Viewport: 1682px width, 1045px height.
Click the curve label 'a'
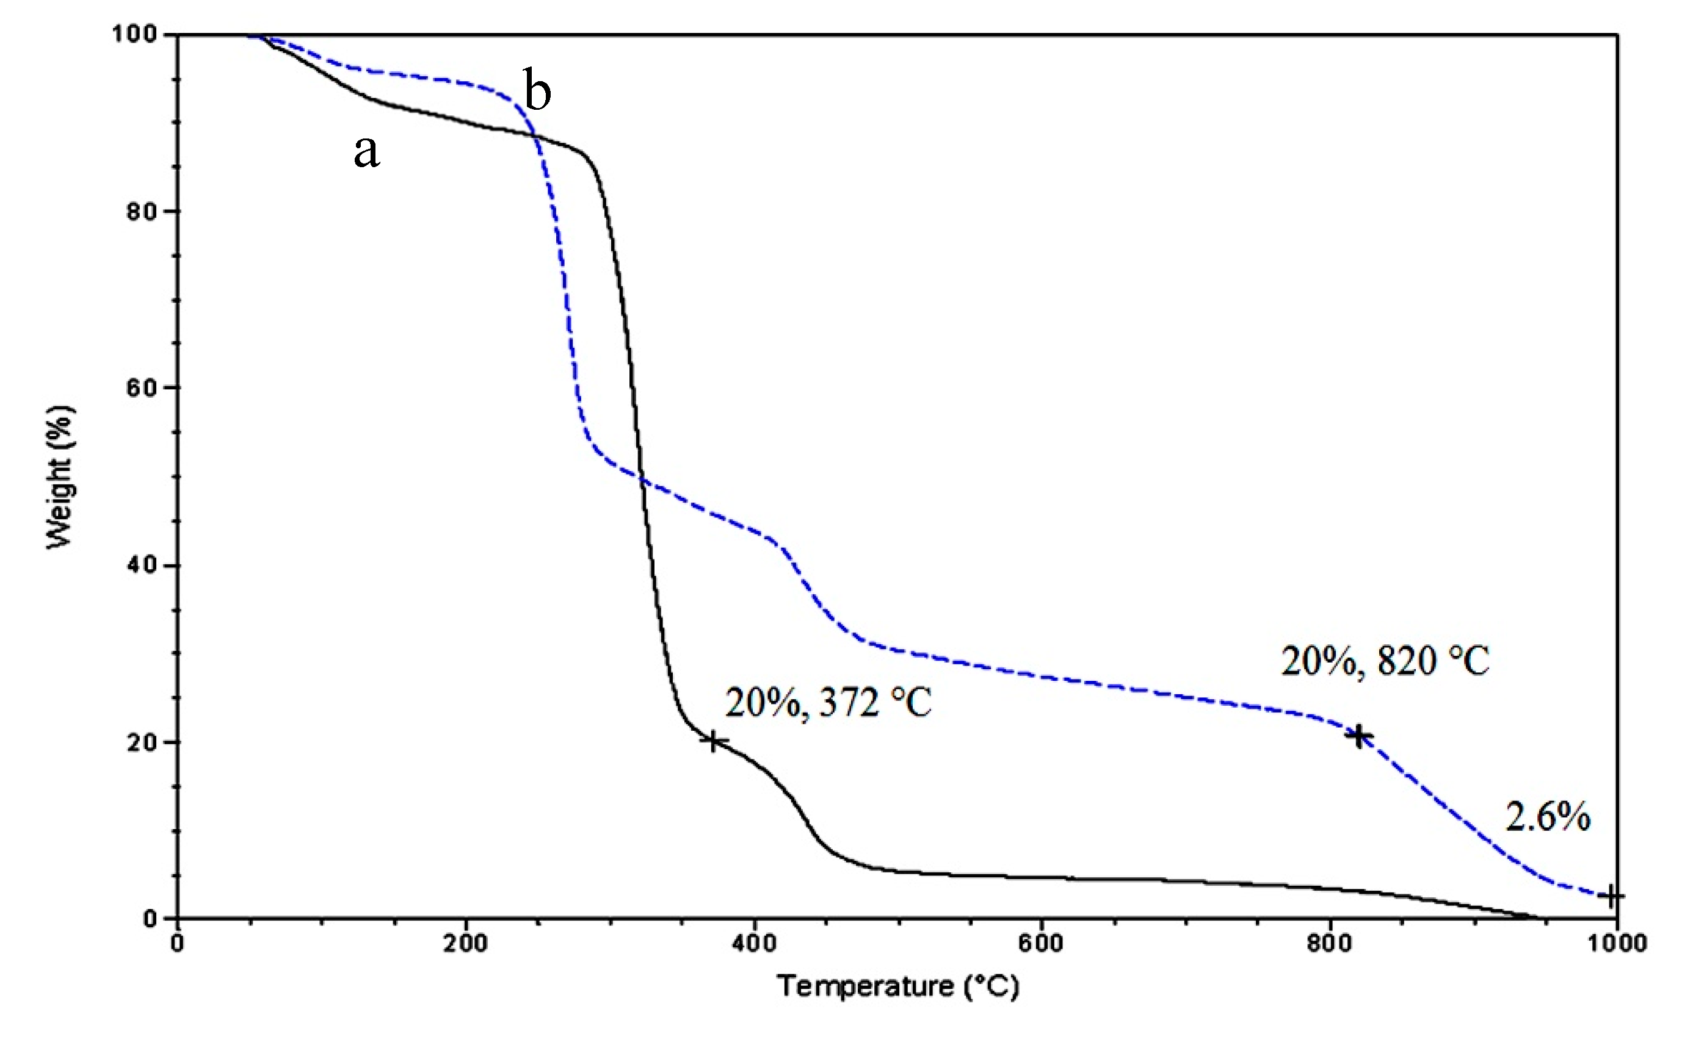(x=366, y=152)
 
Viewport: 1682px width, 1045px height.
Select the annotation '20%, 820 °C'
(x=1385, y=661)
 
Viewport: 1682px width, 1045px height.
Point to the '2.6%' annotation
(x=1548, y=817)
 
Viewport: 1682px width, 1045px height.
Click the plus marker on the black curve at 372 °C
(x=714, y=742)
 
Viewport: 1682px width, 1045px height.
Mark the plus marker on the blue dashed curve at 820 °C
(x=1359, y=737)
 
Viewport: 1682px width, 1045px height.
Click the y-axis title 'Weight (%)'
(x=60, y=477)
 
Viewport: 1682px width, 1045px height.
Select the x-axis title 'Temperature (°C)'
(x=897, y=986)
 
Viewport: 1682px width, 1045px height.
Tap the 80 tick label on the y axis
(x=141, y=212)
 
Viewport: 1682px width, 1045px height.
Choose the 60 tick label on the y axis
(x=141, y=389)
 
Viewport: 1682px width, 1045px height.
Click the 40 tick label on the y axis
(x=141, y=566)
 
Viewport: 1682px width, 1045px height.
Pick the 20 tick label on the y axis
(x=141, y=742)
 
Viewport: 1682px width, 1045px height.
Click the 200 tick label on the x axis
(x=465, y=944)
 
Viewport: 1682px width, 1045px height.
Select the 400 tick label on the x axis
(x=754, y=944)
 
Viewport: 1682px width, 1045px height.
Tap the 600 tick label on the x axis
(x=1042, y=944)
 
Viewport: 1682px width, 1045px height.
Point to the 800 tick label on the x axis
(x=1329, y=944)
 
